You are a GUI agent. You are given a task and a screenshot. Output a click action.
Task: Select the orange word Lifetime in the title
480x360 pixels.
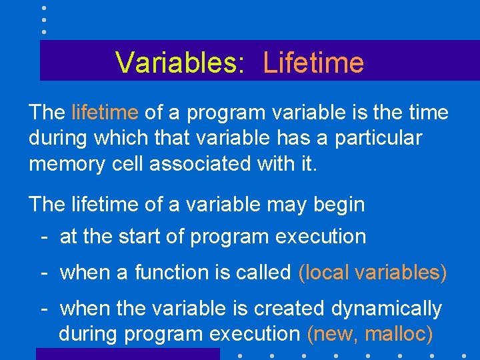[313, 63]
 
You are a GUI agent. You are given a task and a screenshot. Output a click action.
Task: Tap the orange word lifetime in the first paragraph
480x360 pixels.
[105, 113]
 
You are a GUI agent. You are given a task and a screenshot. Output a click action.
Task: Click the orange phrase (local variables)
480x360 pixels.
[373, 272]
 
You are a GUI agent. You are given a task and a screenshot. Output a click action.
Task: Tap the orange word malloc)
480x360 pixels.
[399, 333]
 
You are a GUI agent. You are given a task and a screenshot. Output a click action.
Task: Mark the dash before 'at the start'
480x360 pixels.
[43, 237]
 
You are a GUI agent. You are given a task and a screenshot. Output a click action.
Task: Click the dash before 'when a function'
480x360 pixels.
[43, 272]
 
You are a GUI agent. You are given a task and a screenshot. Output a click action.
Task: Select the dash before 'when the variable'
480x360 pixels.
[43, 309]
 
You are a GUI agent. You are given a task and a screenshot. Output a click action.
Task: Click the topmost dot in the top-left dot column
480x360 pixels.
[43, 8]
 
